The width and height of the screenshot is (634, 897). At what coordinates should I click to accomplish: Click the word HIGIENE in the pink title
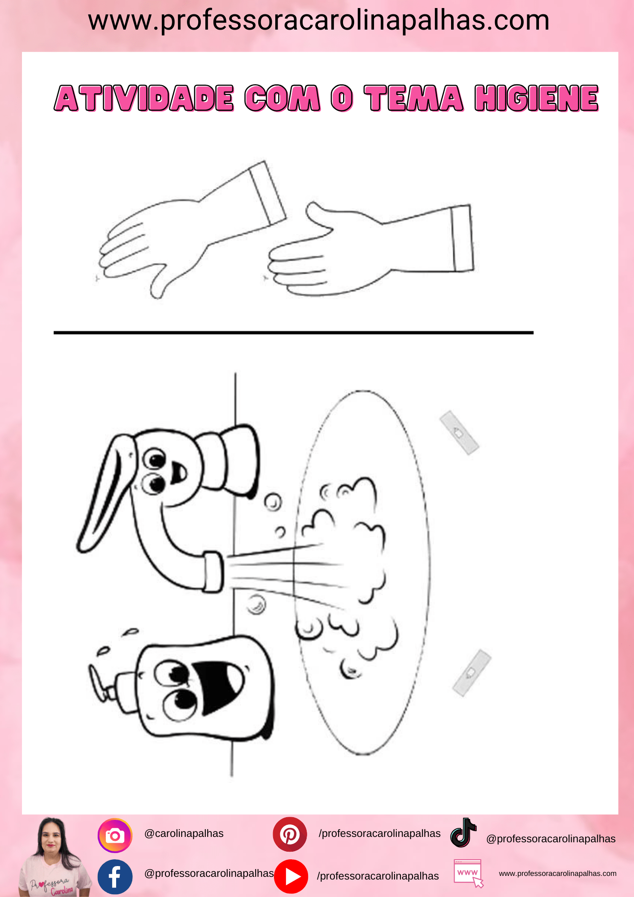pos(537,98)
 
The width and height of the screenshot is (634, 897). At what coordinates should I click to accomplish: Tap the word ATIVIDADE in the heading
pos(144,98)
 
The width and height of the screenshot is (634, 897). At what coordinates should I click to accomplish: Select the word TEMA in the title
pos(413,98)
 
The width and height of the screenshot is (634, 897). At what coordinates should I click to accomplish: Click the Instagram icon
pos(115,836)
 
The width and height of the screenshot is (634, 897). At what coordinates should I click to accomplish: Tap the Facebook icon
pos(115,877)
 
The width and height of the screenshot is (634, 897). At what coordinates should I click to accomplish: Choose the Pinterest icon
pos(290,834)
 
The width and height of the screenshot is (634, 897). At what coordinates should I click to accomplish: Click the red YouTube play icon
pos(291,876)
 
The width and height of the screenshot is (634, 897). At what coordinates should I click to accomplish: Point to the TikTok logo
pos(463,832)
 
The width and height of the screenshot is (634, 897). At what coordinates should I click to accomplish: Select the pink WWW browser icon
pos(469,873)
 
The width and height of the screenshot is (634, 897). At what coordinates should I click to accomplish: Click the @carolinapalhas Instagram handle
pos(184,833)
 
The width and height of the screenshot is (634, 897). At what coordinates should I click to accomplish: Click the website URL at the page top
pos(319,21)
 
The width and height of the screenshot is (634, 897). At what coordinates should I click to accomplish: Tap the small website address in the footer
pos(557,873)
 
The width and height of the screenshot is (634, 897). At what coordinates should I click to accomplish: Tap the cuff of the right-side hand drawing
pos(462,238)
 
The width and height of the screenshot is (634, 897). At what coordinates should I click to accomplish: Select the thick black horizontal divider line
pos(294,333)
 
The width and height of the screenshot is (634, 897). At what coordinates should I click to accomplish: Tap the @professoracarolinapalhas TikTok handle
pos(551,839)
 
